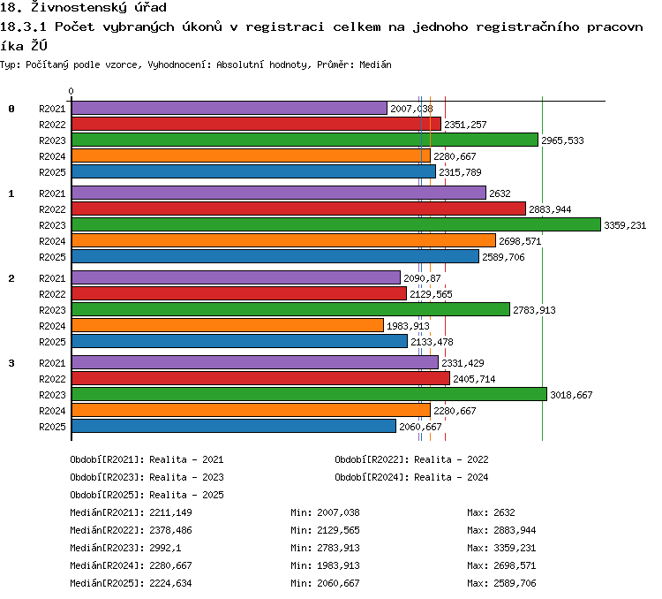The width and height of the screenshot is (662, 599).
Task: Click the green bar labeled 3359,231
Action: (336, 224)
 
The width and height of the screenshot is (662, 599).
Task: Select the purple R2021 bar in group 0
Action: (229, 108)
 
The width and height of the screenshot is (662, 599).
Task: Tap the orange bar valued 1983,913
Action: (228, 325)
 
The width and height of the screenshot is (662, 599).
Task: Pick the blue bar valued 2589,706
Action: (275, 256)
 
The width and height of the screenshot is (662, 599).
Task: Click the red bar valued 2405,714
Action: (260, 378)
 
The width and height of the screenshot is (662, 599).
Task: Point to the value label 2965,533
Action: (562, 140)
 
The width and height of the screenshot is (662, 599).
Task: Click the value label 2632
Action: (500, 193)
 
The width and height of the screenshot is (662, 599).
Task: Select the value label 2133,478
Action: (432, 342)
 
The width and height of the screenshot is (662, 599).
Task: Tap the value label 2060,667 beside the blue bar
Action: (420, 427)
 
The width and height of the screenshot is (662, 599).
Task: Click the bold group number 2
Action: (11, 278)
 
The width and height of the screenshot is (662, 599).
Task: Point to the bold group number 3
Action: (11, 363)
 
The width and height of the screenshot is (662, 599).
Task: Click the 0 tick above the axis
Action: (71, 91)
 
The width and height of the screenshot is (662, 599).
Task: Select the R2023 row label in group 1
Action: (52, 225)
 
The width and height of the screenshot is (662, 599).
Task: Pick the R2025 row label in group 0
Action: (52, 172)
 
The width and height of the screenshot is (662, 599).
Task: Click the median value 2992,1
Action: (165, 548)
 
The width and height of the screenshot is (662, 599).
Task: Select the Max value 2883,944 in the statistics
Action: (515, 530)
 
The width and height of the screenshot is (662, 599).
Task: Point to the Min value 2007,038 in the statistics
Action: (338, 512)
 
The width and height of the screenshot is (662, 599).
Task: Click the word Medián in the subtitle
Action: (375, 64)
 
